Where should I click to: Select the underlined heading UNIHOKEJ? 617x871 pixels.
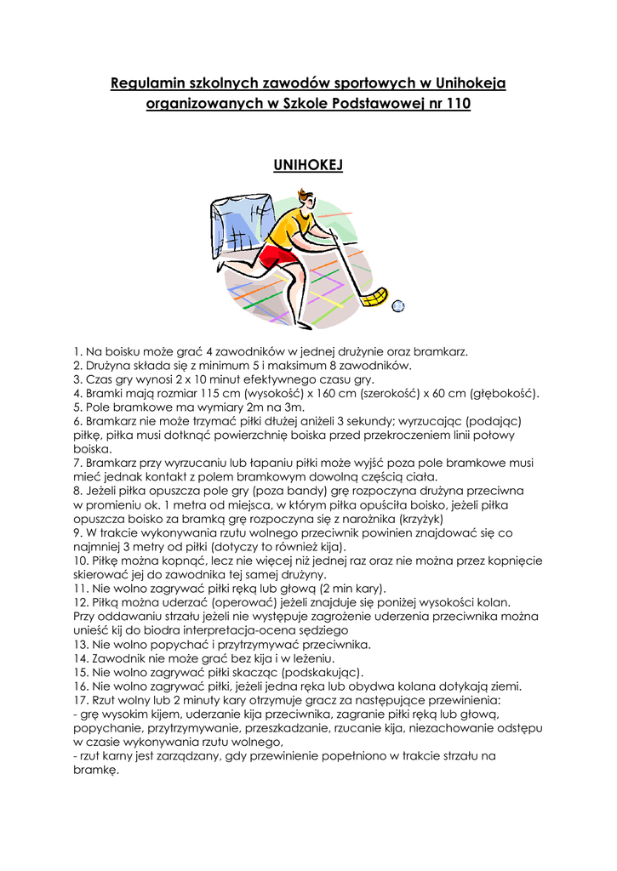(x=308, y=165)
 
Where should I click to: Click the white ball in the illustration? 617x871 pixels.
(x=397, y=305)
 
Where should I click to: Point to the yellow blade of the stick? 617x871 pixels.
(x=374, y=297)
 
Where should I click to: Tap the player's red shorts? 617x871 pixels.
(x=277, y=255)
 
